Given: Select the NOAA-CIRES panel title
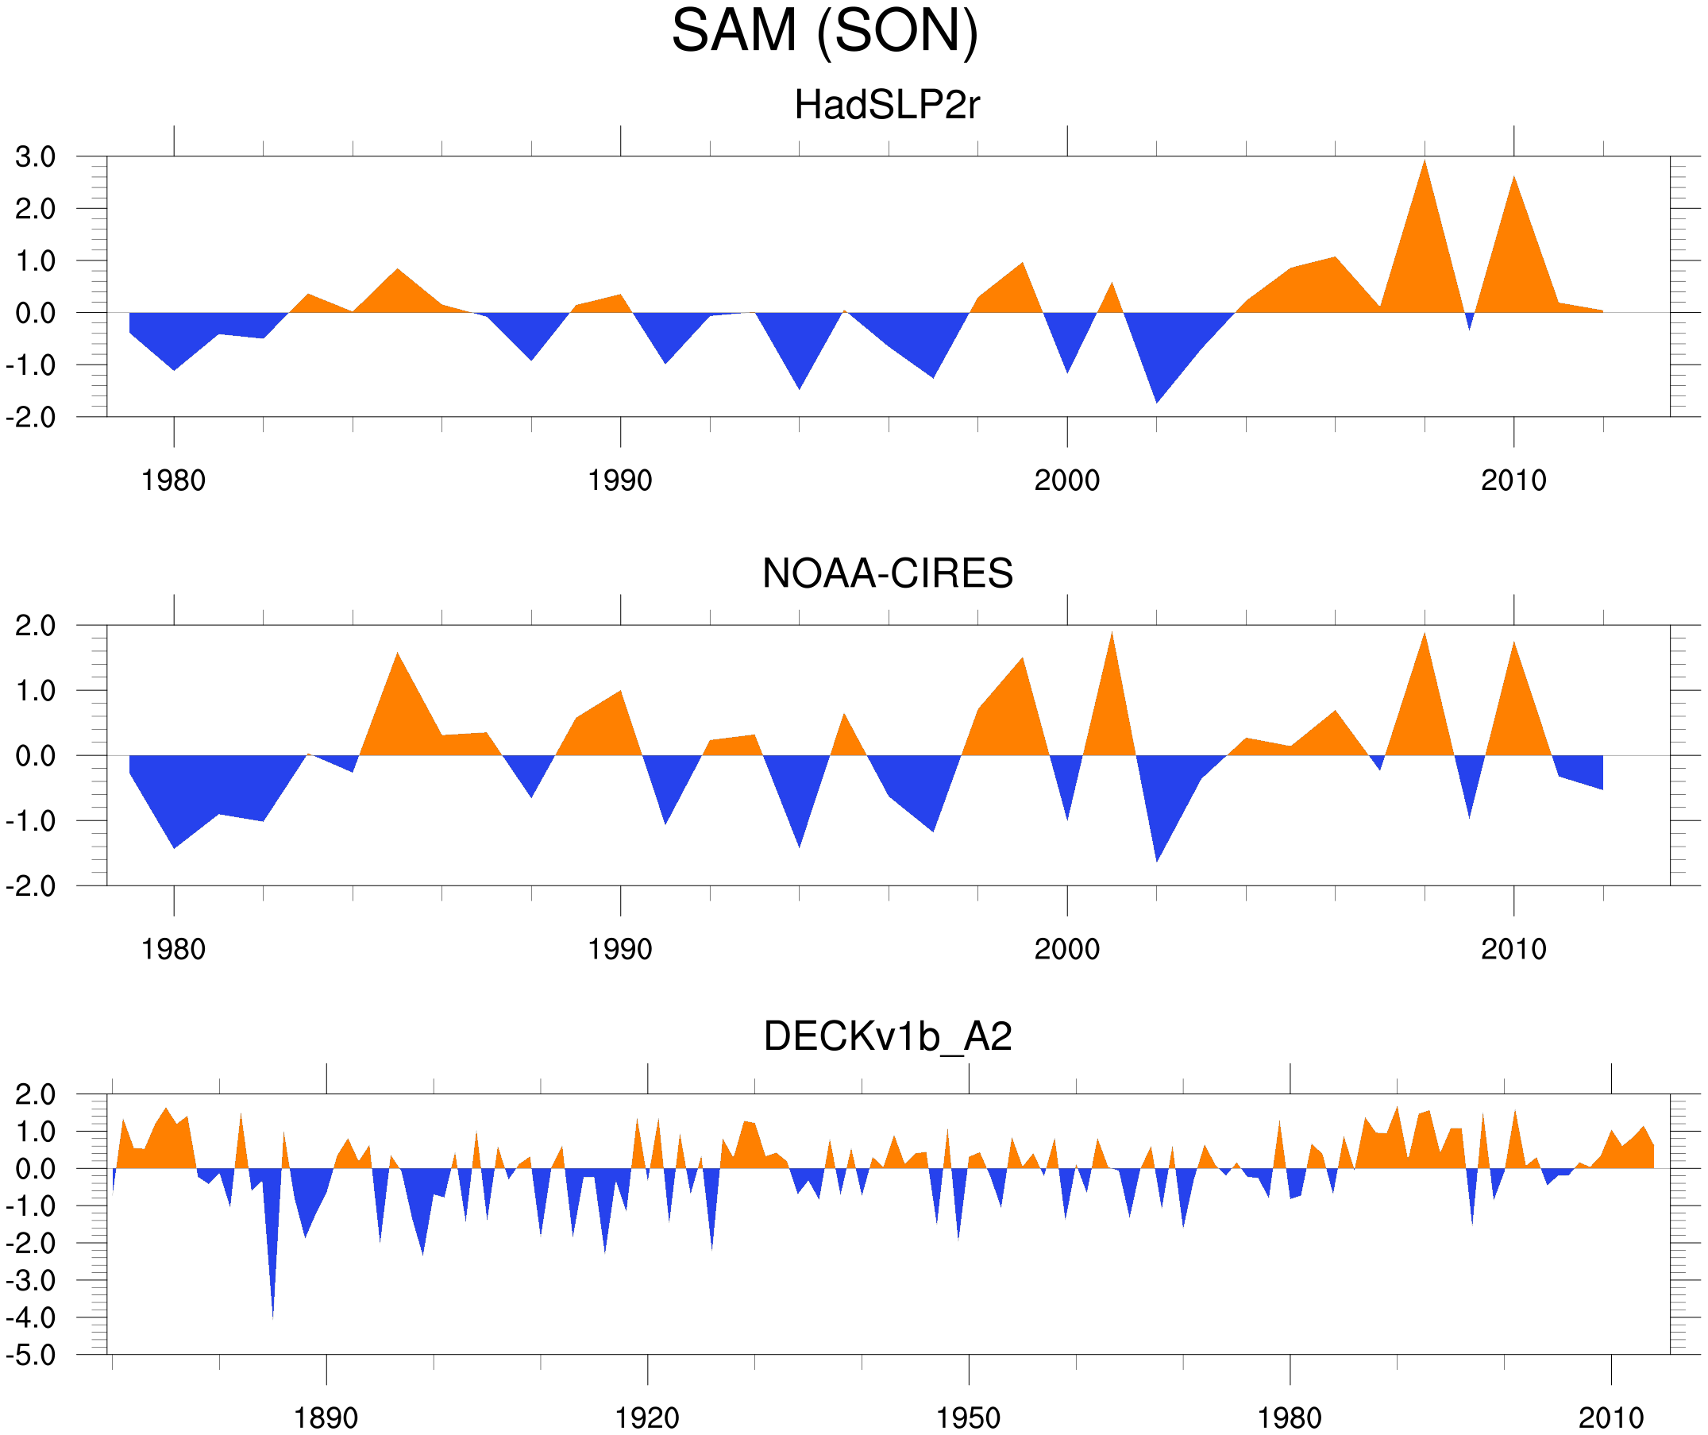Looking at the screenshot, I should click(887, 574).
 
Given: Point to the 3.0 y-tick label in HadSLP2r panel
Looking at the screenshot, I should click(35, 157).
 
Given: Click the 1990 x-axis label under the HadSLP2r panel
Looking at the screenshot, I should click(620, 480).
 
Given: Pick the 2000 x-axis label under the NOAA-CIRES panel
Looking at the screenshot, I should click(1066, 949).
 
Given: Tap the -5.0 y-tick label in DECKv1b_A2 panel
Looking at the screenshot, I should click(31, 1356).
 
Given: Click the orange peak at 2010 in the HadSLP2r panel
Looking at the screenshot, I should click(1513, 178).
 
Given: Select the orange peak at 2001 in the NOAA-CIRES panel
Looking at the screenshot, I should click(1112, 634).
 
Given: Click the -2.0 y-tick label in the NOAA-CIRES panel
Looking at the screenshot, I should click(31, 887).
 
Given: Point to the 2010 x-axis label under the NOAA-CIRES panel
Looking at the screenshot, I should click(1513, 949).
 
